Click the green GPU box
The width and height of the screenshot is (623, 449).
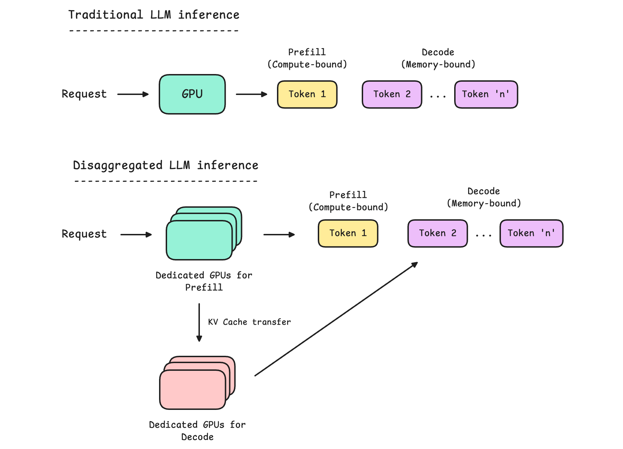coord(192,94)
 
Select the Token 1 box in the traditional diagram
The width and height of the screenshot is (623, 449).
coord(307,94)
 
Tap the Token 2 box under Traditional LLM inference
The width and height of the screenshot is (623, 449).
coord(392,94)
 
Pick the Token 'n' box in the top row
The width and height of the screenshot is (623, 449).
coord(486,94)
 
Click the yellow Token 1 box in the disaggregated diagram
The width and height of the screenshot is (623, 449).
coord(348,233)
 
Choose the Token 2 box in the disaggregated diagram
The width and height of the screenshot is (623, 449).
coord(438,233)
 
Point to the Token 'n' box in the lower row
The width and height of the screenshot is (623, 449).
coord(532,233)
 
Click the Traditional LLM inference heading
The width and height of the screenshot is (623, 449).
coord(154,15)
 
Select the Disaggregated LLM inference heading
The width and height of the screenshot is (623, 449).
coord(166,165)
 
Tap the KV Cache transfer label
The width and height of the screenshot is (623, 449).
coord(249,322)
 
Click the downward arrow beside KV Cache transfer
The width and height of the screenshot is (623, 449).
coord(199,322)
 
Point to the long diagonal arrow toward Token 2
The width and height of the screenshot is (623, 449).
coord(336,319)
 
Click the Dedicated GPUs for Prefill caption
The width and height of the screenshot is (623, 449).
coord(204,281)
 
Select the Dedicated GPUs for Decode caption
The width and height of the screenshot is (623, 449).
coord(197,430)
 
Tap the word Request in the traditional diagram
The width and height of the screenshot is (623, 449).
coord(84,94)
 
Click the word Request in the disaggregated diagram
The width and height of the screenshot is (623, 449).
coord(84,234)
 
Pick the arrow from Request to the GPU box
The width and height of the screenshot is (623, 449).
coord(133,94)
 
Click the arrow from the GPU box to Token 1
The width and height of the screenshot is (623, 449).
coord(252,94)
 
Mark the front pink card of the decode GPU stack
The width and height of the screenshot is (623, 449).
coord(193,390)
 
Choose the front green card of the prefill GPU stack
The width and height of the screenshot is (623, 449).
coord(200,240)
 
